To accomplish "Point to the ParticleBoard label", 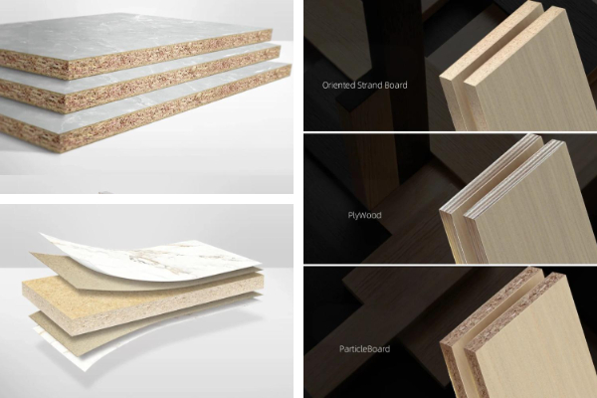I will click(364, 349).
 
